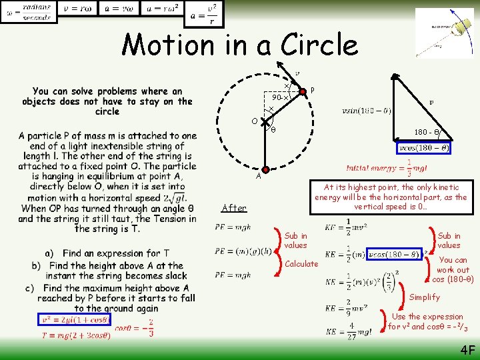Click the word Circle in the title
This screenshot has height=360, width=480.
click(319, 45)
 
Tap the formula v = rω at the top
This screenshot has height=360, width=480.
click(78, 9)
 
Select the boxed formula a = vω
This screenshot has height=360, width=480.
click(119, 9)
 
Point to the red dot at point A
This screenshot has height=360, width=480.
click(265, 170)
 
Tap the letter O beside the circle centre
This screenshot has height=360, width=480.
click(255, 121)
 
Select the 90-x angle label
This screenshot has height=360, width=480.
click(279, 97)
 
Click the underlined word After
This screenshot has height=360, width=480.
click(233, 208)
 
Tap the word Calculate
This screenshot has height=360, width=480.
click(301, 264)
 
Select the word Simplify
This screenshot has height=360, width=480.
click(425, 297)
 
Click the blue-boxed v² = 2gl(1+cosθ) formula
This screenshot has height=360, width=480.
click(71, 319)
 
